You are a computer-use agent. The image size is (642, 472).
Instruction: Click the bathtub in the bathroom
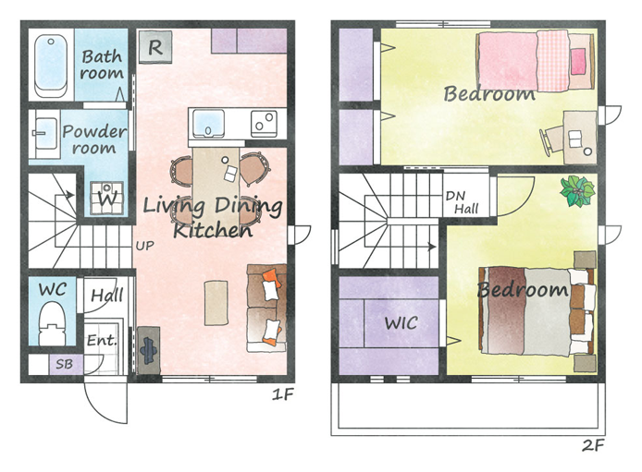[x=51, y=66]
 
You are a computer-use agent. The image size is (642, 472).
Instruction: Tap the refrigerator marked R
[x=155, y=47]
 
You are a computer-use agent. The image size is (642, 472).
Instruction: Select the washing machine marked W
[x=107, y=198]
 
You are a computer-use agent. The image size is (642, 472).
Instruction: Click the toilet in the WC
[x=52, y=323]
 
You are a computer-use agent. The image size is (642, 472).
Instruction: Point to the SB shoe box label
[x=64, y=364]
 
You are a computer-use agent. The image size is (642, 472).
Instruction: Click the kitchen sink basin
[x=208, y=124]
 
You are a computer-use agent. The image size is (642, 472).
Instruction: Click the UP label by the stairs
[x=145, y=246]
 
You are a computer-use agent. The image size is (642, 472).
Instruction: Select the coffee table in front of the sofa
[x=216, y=303]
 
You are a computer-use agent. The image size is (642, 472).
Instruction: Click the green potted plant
[x=577, y=191]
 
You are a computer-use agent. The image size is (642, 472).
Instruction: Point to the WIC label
[x=401, y=323]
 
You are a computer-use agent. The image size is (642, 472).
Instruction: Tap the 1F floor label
[x=283, y=394]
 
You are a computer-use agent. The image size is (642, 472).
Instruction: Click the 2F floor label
[x=593, y=445]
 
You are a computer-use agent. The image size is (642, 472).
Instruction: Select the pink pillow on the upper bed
[x=578, y=61]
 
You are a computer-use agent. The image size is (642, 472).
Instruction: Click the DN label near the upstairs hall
[x=455, y=196]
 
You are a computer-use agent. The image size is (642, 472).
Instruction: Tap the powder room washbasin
[x=45, y=134]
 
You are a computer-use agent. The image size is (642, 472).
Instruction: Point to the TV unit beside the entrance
[x=148, y=350]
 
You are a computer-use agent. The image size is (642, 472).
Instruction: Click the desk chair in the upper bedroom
[x=551, y=140]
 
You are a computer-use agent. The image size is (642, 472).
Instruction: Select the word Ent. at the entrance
[x=102, y=340]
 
